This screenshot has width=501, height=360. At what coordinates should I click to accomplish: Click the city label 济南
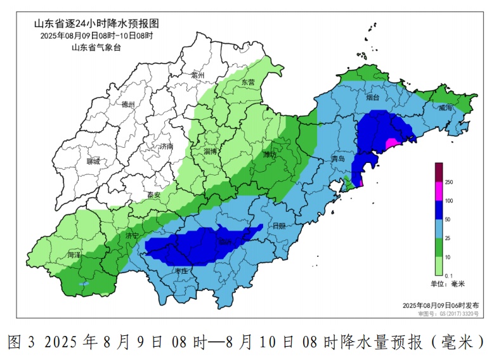point(166,146)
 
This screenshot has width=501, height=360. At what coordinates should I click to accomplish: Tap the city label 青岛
point(338,159)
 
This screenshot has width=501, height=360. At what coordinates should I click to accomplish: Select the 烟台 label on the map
point(372,98)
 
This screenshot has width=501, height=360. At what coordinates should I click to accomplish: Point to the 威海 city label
point(445,108)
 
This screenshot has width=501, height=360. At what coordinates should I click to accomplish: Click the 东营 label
point(247,82)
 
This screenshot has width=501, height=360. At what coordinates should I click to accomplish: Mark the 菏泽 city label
point(74,255)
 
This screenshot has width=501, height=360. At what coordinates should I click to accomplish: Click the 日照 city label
point(278,225)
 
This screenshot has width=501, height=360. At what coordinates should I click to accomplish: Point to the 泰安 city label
point(153,195)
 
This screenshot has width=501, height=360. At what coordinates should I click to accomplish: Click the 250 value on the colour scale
point(449,183)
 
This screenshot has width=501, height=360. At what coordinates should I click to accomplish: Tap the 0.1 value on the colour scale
point(448,274)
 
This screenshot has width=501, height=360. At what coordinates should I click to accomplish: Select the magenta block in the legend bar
point(438,191)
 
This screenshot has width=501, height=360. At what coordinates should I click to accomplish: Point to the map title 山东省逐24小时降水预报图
point(96,23)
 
